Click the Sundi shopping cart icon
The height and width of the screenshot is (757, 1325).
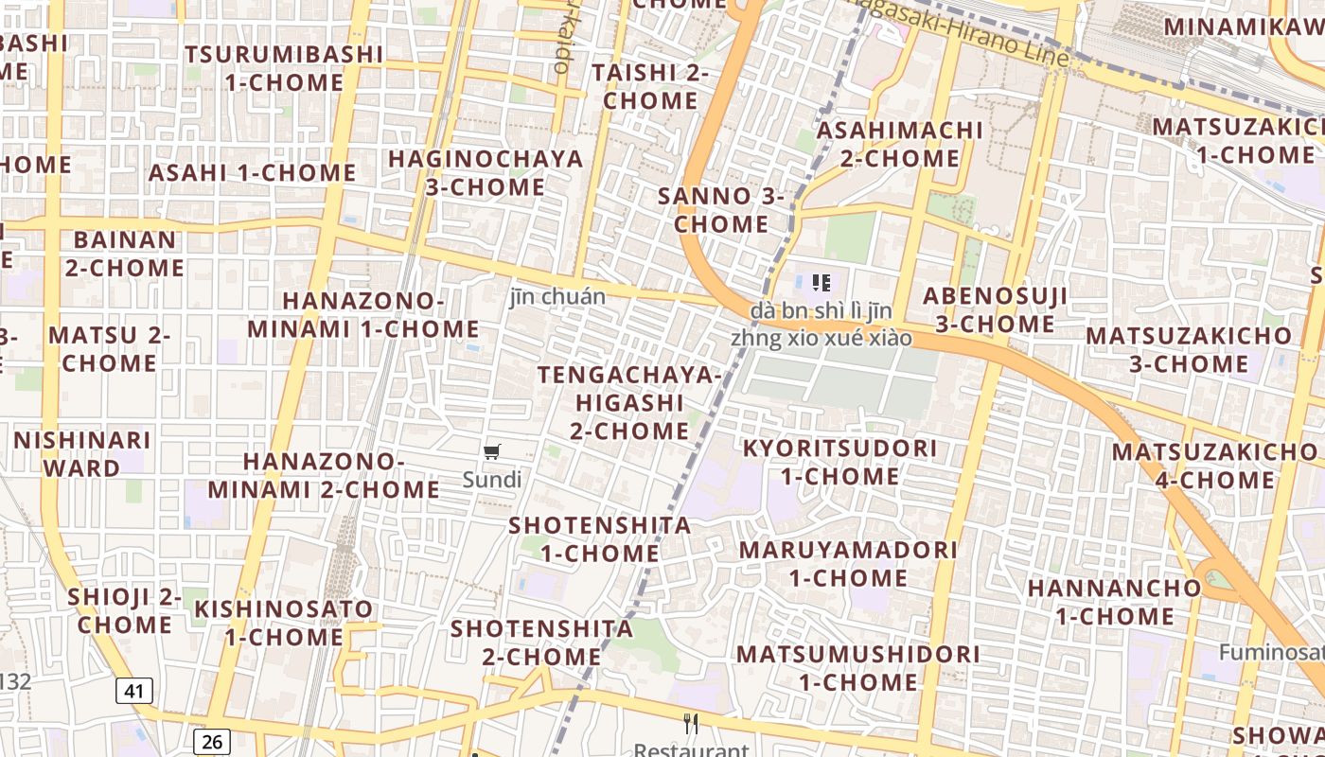point(491,451)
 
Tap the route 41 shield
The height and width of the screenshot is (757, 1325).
point(133,692)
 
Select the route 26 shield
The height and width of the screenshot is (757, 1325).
point(211,741)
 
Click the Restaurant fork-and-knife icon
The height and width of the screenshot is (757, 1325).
point(691,725)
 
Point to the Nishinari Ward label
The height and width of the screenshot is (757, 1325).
point(81,453)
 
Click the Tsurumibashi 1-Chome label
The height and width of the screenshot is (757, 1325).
point(284,68)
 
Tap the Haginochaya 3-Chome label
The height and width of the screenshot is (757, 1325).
point(486,172)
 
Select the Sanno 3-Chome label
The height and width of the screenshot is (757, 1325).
point(721,210)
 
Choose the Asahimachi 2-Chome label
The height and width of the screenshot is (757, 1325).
point(899,144)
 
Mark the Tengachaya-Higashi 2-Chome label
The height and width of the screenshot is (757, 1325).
point(629,402)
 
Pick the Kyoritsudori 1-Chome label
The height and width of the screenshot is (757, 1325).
point(839,462)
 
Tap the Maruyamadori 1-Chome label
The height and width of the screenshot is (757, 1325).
point(848,563)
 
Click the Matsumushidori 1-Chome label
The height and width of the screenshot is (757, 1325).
point(857,667)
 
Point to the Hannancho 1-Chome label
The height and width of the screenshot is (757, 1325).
point(1114,602)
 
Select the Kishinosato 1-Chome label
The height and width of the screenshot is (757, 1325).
point(284,622)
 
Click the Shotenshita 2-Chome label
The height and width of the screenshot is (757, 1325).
point(542,642)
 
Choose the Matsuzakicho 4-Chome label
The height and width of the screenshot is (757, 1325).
point(1215,466)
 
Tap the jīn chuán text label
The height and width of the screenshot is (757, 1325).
point(557,296)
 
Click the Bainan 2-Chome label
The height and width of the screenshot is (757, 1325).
point(124,254)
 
